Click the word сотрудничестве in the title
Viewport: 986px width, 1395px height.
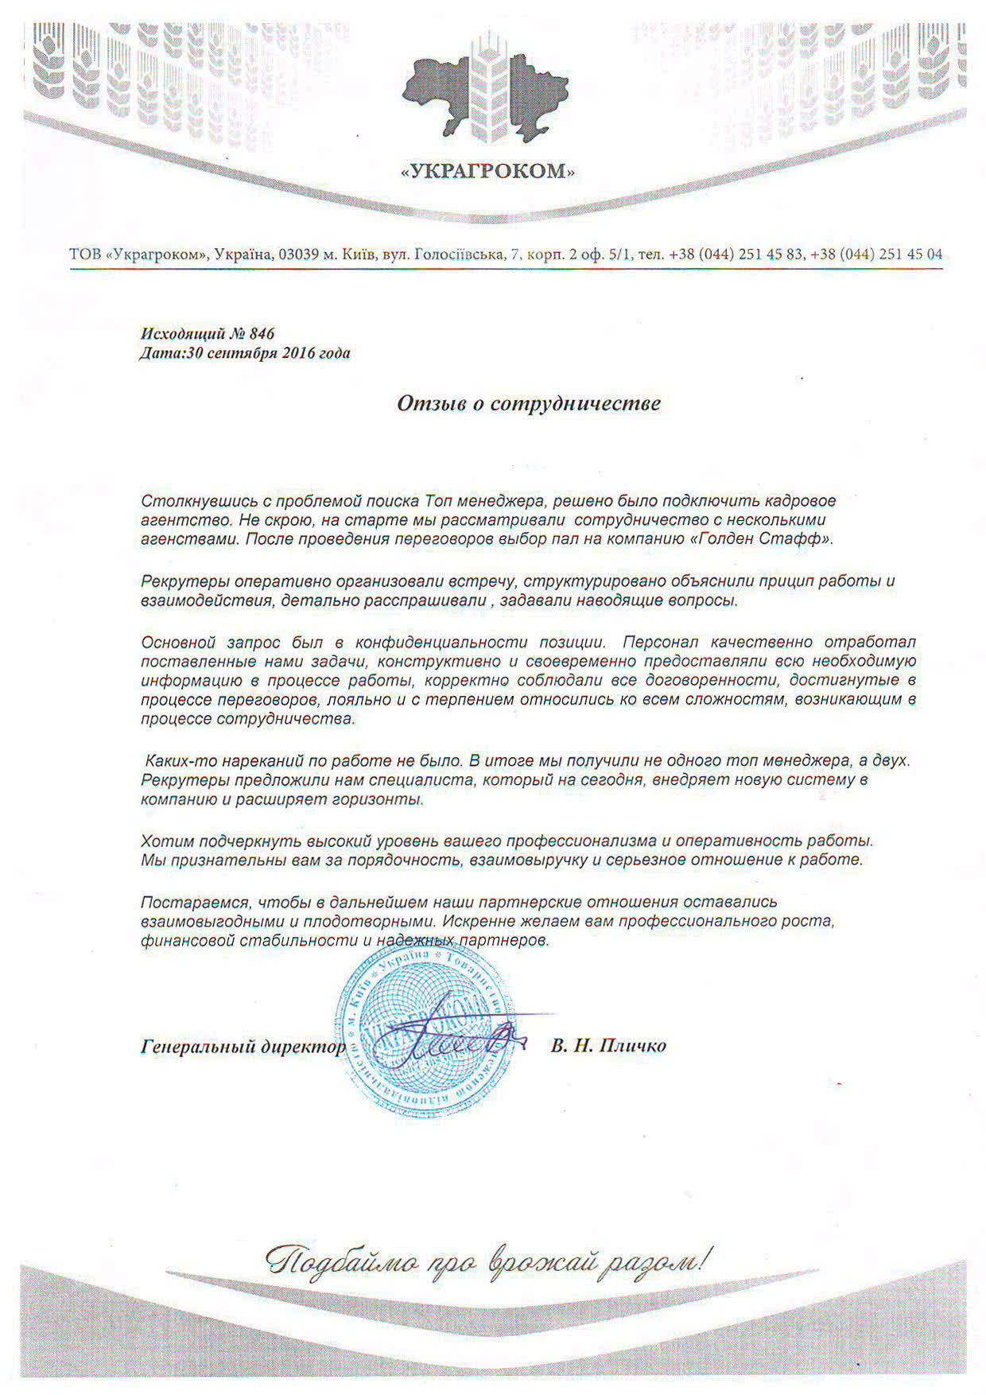(575, 403)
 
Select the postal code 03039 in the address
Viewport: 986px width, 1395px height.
(298, 255)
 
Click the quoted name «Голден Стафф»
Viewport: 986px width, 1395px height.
(770, 539)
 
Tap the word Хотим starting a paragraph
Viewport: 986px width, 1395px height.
(166, 841)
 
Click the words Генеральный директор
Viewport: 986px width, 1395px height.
(243, 1046)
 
